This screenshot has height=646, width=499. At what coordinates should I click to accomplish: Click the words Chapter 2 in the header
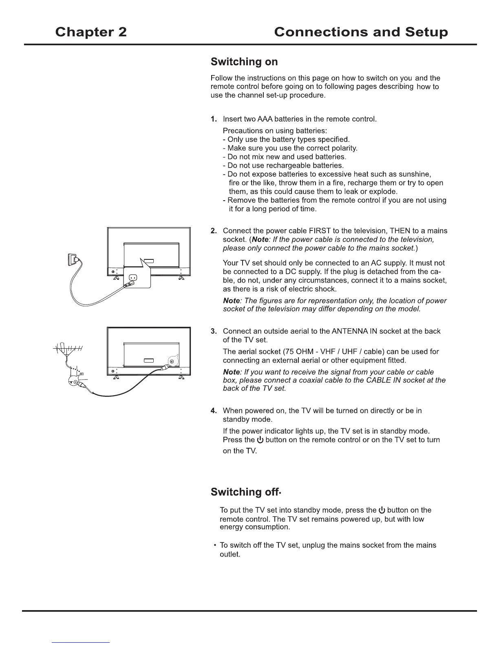point(91,32)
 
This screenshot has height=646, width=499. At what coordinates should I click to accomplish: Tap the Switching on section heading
point(244,62)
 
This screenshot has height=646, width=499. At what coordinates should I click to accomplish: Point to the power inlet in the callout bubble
point(133,278)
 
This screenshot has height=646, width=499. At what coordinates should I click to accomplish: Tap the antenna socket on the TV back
point(172,361)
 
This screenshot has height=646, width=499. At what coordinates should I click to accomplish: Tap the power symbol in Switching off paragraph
point(382,510)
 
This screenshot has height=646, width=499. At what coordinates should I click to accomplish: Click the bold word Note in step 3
point(231,372)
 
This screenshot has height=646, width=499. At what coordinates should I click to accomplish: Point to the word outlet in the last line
point(230,555)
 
